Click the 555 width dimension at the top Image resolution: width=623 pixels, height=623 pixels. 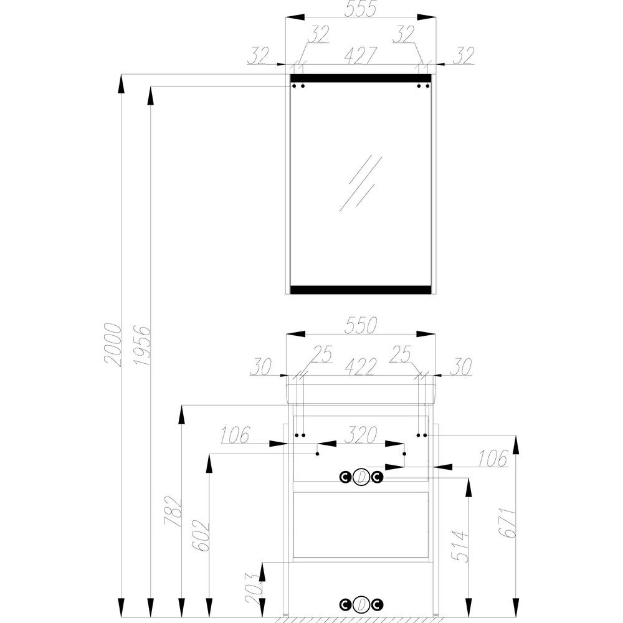point(360,9)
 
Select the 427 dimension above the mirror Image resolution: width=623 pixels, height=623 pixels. point(360,55)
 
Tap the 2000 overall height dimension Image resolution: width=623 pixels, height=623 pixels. point(112,345)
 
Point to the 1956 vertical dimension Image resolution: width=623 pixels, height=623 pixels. point(141,346)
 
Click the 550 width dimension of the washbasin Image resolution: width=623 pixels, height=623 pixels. point(360,325)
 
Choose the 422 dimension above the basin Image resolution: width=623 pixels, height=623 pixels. point(360,367)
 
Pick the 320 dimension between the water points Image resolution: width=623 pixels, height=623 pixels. point(360,435)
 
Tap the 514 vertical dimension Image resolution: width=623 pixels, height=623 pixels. point(460,546)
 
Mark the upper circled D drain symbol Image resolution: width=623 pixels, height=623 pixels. point(361,477)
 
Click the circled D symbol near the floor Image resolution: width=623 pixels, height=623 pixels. point(361,604)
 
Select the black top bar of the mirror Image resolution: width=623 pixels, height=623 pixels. point(361,78)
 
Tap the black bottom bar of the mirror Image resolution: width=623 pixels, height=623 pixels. point(361,290)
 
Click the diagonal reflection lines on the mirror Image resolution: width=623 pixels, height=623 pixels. point(361,183)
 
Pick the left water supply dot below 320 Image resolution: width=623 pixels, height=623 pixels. point(318,454)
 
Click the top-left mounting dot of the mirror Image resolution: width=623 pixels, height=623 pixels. point(295,86)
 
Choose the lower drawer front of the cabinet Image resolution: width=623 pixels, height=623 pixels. point(361,525)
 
